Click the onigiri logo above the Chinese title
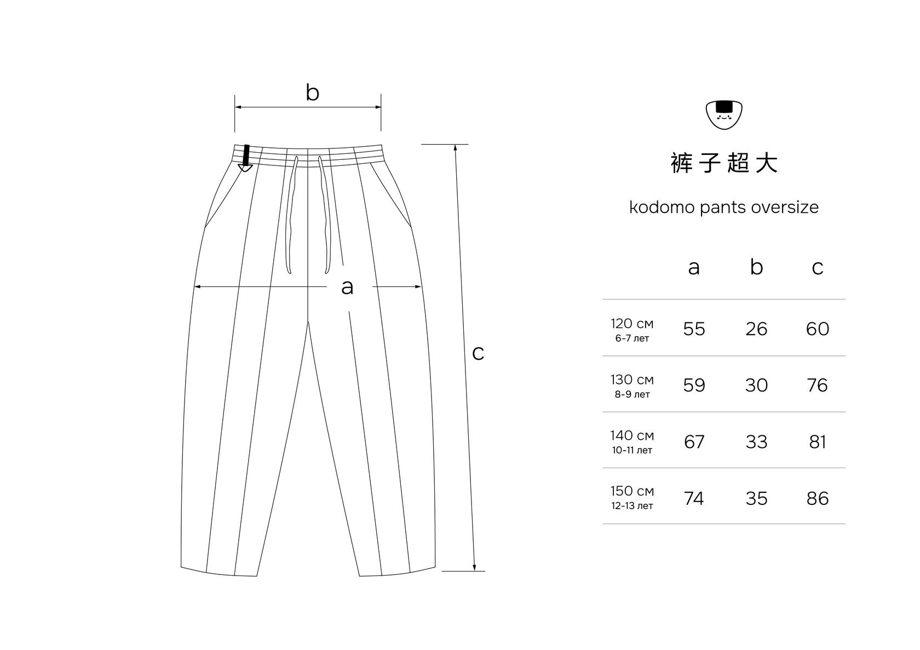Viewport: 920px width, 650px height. click(x=723, y=114)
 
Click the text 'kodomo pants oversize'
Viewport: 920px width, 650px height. click(x=723, y=208)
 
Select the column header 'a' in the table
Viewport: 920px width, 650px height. click(x=694, y=268)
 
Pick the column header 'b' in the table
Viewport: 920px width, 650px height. click(x=756, y=267)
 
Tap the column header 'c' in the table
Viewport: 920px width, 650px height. click(x=817, y=268)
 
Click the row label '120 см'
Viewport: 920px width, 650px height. click(x=632, y=324)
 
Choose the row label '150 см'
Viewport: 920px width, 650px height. click(x=632, y=491)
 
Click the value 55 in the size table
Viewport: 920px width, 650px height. click(x=694, y=329)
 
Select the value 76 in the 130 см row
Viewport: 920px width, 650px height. click(x=817, y=386)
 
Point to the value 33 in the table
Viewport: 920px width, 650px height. click(x=756, y=442)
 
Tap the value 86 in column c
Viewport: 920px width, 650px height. click(x=817, y=499)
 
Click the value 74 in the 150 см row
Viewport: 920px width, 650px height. click(x=694, y=499)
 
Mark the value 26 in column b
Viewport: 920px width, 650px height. click(x=756, y=329)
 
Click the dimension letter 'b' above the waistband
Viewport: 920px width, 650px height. click(x=312, y=93)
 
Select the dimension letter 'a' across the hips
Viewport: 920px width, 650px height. click(x=347, y=287)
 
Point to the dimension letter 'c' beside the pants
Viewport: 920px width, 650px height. click(x=478, y=354)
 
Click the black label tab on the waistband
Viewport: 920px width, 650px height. click(x=246, y=156)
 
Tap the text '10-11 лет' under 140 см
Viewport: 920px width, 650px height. click(x=632, y=451)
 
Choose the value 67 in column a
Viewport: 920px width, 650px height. click(x=694, y=442)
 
